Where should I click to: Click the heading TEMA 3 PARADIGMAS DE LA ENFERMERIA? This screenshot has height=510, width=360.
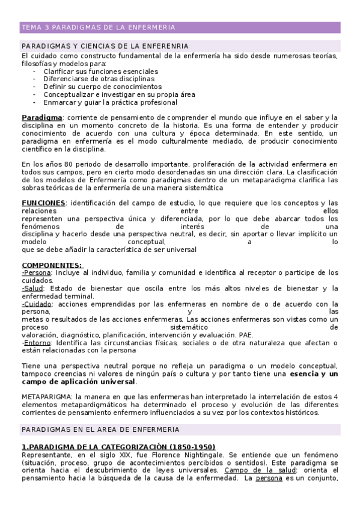point(98,28)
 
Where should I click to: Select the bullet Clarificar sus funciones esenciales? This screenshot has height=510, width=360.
point(100,71)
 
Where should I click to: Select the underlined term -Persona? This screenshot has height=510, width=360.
point(36,273)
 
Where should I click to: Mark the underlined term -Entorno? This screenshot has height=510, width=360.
point(37,343)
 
